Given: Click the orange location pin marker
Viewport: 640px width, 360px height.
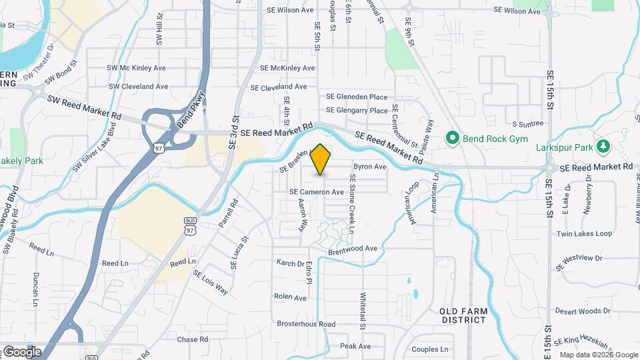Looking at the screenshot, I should (321, 158).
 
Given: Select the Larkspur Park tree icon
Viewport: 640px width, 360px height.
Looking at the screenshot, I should (604, 145).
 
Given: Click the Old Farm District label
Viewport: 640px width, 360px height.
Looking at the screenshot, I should (463, 315).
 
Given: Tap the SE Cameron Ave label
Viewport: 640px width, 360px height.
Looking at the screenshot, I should (316, 192).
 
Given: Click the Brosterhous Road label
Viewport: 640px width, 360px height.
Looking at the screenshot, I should (306, 324).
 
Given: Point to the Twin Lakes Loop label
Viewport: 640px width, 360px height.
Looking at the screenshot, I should (584, 234).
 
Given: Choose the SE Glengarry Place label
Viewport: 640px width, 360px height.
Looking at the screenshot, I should (357, 111).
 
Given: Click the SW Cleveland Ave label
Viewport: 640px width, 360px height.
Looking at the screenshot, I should (138, 87).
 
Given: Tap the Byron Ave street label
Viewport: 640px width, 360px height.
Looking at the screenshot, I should (370, 166).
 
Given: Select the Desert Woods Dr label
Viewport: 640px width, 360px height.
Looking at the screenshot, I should (583, 311).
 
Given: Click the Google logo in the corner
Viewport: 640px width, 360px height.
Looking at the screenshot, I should (21, 351).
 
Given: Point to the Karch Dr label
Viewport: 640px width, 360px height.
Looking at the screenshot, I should (291, 263).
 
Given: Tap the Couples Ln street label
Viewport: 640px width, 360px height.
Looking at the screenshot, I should (430, 349).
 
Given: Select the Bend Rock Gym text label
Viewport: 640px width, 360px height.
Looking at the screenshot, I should (497, 139).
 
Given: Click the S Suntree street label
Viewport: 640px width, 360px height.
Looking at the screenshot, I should (528, 123).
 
